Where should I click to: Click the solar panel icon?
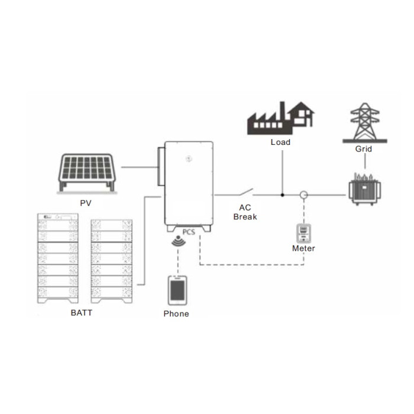pyautogui.click(x=87, y=173)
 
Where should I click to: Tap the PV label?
pyautogui.click(x=86, y=203)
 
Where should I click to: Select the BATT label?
pyautogui.click(x=82, y=313)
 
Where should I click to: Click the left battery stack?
pyautogui.click(x=58, y=258)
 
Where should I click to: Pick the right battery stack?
pyautogui.click(x=112, y=261)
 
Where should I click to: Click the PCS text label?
pyautogui.click(x=189, y=232)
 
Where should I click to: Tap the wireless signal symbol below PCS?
pyautogui.click(x=179, y=241)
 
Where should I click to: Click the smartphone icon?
pyautogui.click(x=177, y=290)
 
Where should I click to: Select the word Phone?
pyautogui.click(x=176, y=313)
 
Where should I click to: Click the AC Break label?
pyautogui.click(x=245, y=212)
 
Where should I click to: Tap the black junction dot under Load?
pyautogui.click(x=282, y=195)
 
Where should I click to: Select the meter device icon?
pyautogui.click(x=303, y=234)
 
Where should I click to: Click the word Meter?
pyautogui.click(x=303, y=248)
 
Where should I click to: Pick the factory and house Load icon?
pyautogui.click(x=280, y=118)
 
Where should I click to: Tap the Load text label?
pyautogui.click(x=280, y=142)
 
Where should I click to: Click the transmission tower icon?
pyautogui.click(x=365, y=123)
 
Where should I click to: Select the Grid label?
pyautogui.click(x=364, y=149)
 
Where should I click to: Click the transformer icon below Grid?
pyautogui.click(x=364, y=189)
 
